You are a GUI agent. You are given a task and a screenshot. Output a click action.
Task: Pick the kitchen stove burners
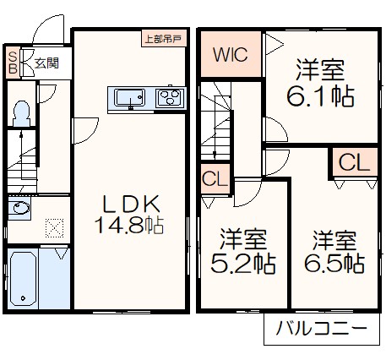click(171, 97)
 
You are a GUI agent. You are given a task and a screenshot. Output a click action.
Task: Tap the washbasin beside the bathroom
click(19, 209)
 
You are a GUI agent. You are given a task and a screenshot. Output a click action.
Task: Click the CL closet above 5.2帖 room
click(215, 178)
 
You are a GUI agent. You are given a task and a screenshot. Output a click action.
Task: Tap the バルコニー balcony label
click(324, 330)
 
